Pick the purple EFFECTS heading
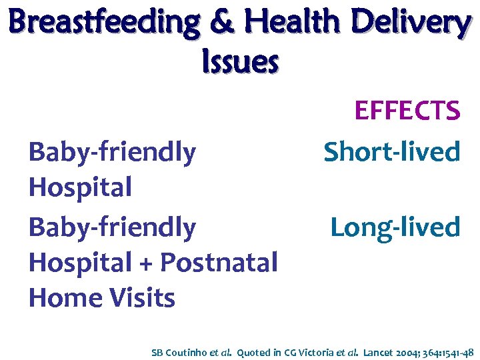[x=407, y=111]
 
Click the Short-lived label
[x=392, y=152]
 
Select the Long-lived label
[x=395, y=227]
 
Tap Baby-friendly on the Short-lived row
[x=112, y=153]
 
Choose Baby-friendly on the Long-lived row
[x=112, y=227]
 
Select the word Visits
[x=143, y=298]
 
